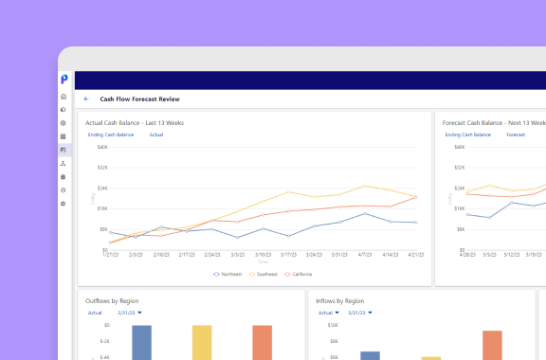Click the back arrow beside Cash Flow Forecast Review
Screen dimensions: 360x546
point(86,99)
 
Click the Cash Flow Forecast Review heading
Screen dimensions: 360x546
point(139,99)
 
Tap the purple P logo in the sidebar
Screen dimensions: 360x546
point(64,79)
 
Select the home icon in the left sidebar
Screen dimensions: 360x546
point(64,97)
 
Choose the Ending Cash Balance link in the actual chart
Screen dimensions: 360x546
point(111,135)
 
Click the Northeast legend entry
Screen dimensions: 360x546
point(228,274)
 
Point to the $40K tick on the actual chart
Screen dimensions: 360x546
point(102,147)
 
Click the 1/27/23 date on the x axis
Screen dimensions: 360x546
point(111,255)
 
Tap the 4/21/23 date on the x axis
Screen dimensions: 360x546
point(416,255)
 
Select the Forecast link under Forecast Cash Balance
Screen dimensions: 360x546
point(516,135)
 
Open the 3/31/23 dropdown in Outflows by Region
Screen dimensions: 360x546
point(129,312)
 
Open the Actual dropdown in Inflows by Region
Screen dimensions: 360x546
point(327,312)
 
